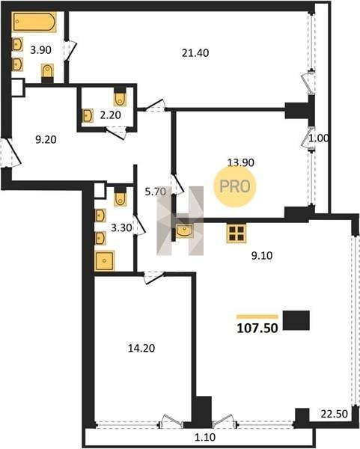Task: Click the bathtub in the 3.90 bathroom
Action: pyautogui.click(x=34, y=22)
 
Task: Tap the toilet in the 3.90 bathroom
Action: pyautogui.click(x=48, y=73)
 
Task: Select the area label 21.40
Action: pyautogui.click(x=195, y=53)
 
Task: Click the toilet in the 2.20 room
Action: pyautogui.click(x=120, y=97)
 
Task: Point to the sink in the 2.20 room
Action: pyautogui.click(x=88, y=115)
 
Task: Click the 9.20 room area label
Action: pyautogui.click(x=46, y=140)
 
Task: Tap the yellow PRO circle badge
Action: pyautogui.click(x=235, y=186)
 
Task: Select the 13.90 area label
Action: pyautogui.click(x=240, y=162)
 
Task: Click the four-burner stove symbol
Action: pyautogui.click(x=237, y=233)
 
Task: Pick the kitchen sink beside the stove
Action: pyautogui.click(x=184, y=231)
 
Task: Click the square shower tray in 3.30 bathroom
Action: pyautogui.click(x=105, y=261)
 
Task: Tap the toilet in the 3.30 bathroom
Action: pyautogui.click(x=120, y=196)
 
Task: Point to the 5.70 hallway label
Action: pyautogui.click(x=155, y=192)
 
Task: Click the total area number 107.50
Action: pyautogui.click(x=257, y=329)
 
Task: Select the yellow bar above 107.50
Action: pyautogui.click(x=257, y=317)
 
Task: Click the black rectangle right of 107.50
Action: pyautogui.click(x=296, y=320)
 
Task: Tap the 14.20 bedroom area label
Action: pyautogui.click(x=141, y=348)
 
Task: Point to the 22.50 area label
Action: pyautogui.click(x=335, y=414)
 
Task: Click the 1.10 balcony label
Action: pyautogui.click(x=205, y=437)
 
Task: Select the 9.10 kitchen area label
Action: pyautogui.click(x=262, y=255)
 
